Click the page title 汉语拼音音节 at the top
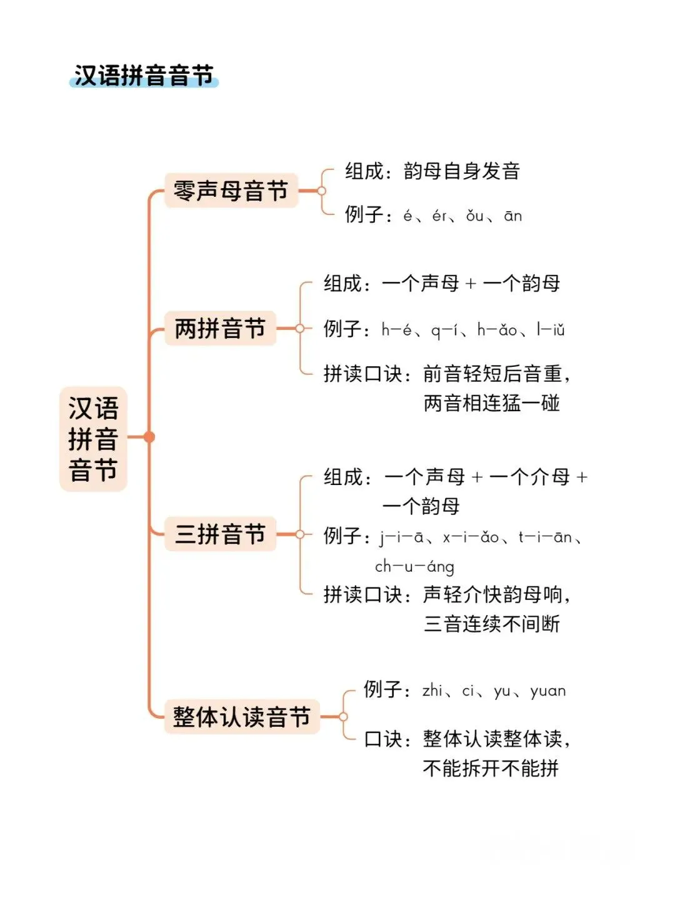[144, 76]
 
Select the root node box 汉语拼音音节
[93, 439]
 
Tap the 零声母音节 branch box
[231, 191]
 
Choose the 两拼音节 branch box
[220, 328]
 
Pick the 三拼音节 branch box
[220, 534]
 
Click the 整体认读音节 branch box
[241, 716]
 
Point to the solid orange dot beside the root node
[149, 437]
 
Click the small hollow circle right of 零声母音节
[321, 191]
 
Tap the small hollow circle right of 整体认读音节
[342, 716]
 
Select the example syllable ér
[439, 216]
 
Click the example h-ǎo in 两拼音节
[497, 330]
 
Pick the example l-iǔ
[551, 330]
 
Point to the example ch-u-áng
[414, 567]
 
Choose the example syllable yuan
[547, 691]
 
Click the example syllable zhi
[432, 691]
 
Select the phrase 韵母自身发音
[462, 171]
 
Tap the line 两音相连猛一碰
[491, 403]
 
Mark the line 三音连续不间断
[491, 624]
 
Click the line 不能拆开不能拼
[491, 768]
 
